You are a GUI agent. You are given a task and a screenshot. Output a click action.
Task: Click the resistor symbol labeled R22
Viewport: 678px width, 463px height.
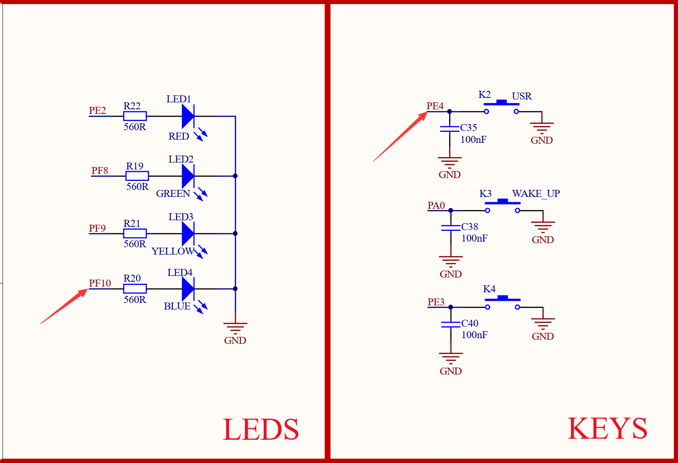135,116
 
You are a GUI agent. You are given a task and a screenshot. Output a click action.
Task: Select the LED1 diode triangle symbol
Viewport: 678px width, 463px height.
188,116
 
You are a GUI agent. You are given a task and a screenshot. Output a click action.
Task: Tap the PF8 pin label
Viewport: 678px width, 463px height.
99,171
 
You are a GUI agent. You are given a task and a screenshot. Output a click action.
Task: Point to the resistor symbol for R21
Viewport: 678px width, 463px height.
135,233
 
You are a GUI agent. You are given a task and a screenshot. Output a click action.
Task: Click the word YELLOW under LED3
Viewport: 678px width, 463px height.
173,251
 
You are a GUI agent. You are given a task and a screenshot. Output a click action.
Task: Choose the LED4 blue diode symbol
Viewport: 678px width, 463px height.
188,289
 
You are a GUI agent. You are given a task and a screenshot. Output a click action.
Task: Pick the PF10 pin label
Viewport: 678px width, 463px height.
100,283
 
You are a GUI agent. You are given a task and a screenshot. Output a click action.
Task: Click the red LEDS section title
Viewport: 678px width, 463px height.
261,430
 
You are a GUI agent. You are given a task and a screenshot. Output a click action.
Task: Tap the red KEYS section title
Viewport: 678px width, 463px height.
607,429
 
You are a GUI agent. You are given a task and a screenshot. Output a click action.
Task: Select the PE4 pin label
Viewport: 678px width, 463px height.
435,106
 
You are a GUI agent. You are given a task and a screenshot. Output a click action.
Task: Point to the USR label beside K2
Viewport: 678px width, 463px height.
522,96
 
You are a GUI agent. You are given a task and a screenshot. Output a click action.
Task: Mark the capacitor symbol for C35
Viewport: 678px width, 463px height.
450,129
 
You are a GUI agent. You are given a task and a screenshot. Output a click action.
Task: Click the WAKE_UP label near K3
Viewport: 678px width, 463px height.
536,194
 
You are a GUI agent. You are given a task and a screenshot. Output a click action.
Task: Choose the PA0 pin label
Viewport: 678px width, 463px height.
436,206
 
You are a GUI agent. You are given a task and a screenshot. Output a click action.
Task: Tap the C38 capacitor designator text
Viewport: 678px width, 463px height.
470,227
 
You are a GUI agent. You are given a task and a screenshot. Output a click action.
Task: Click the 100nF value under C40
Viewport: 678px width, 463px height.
475,335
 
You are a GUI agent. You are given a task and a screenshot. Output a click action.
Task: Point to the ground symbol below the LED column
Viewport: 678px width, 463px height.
235,327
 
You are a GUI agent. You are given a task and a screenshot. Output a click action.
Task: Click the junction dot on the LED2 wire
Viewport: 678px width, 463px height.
235,176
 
